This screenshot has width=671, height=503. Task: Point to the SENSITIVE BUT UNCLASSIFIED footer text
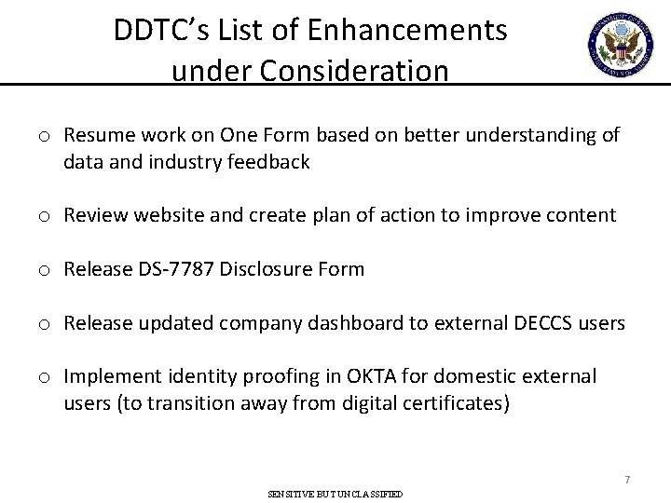[335, 494]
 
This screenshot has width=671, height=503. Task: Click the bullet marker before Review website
[45, 216]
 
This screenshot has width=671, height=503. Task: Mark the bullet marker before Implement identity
[45, 376]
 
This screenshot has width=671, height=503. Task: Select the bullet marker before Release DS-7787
[45, 270]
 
